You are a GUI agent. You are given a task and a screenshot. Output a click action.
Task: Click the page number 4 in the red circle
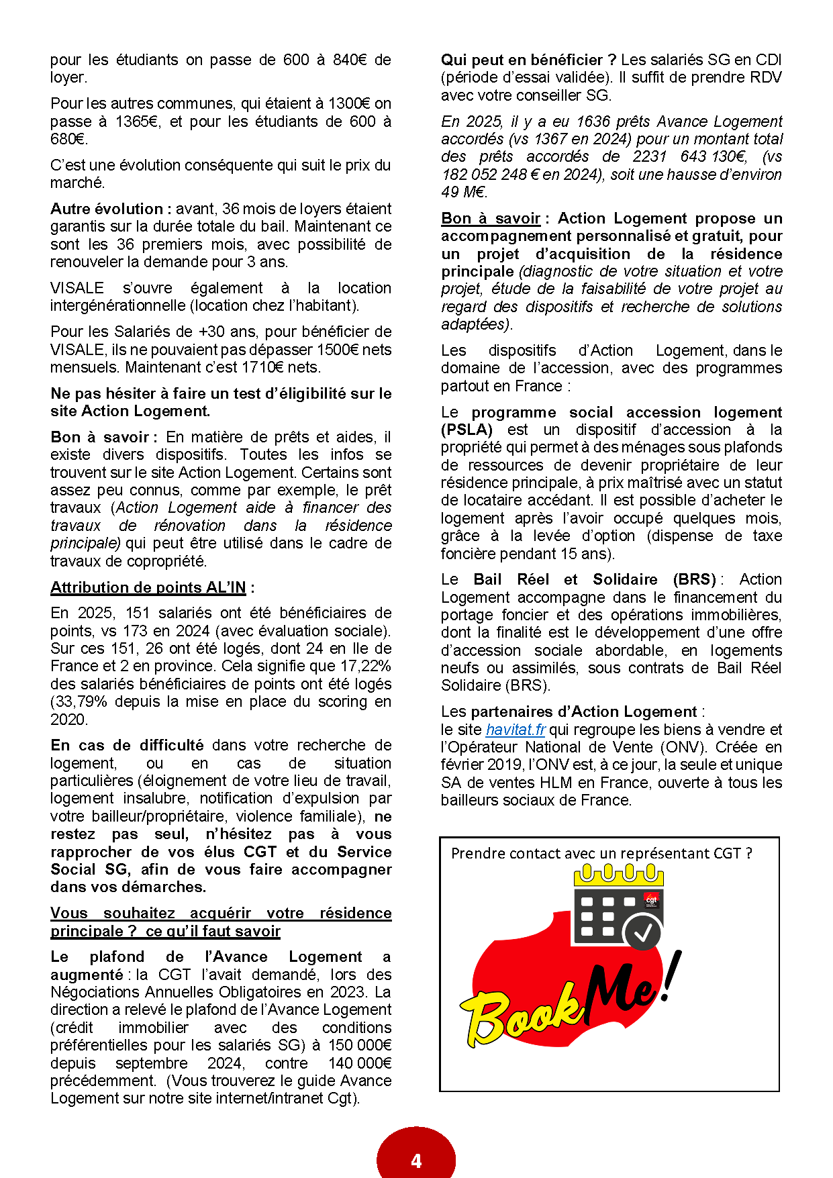click(x=416, y=1161)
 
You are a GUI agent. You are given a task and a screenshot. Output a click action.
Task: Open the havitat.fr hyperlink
click(x=516, y=730)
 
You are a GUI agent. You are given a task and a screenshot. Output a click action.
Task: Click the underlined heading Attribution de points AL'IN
click(x=148, y=587)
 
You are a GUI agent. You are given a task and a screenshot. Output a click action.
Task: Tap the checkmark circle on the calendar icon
click(x=642, y=932)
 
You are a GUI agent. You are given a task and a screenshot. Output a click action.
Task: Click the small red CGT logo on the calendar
click(x=650, y=899)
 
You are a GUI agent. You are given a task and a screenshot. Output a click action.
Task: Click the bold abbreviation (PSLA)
click(x=467, y=430)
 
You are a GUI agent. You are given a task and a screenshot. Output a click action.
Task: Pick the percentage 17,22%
click(x=365, y=666)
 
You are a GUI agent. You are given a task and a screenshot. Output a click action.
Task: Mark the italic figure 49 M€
click(x=464, y=192)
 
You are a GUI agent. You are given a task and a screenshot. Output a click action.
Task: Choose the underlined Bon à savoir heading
click(x=491, y=218)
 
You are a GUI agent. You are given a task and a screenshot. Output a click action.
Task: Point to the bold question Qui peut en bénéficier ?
click(x=528, y=60)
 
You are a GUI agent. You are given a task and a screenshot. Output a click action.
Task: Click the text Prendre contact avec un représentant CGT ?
click(x=601, y=853)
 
